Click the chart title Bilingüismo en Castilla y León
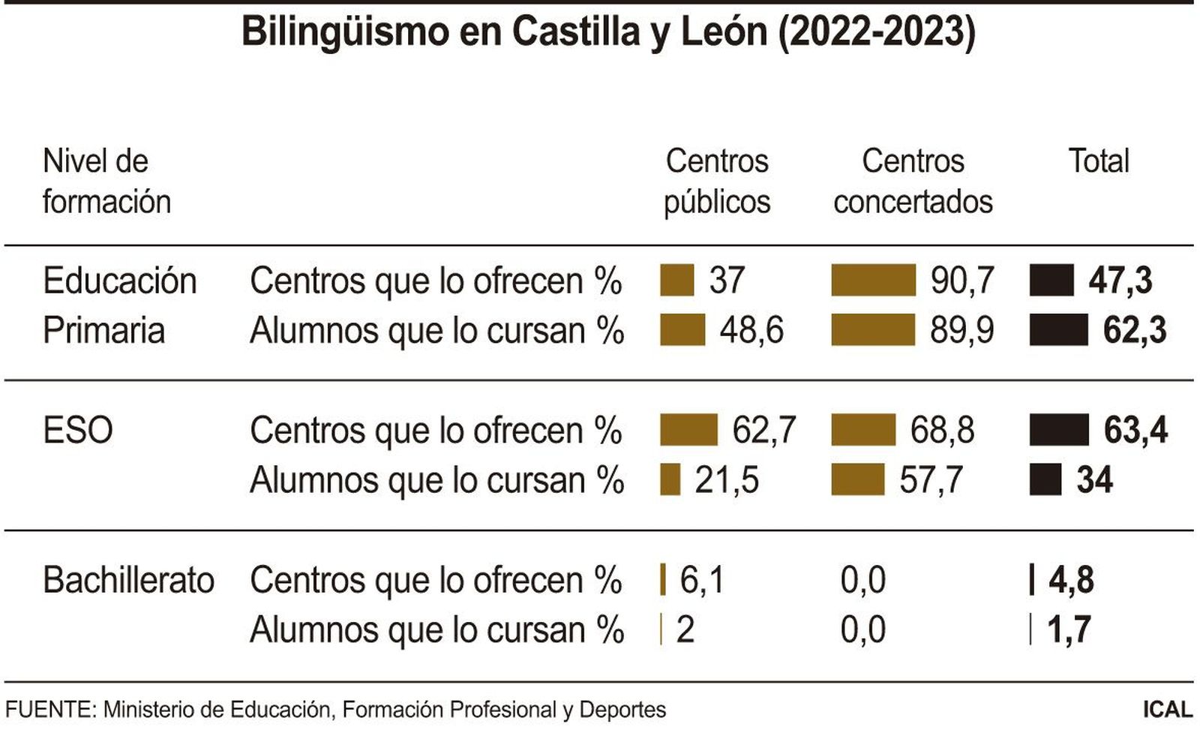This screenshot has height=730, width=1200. (x=607, y=32)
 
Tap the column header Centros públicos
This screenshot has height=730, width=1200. (x=717, y=181)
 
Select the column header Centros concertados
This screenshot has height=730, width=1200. (x=913, y=181)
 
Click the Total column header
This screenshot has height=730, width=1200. (x=1098, y=161)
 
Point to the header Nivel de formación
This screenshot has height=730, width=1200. (x=106, y=181)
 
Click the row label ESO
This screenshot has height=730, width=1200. (x=78, y=431)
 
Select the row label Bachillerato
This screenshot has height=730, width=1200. (x=128, y=581)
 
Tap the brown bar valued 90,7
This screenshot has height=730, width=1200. (x=873, y=281)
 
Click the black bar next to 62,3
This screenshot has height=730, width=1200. (x=1058, y=330)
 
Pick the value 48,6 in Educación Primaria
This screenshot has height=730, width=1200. (x=751, y=330)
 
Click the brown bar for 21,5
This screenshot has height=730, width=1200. (x=670, y=480)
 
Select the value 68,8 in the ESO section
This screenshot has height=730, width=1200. (x=942, y=431)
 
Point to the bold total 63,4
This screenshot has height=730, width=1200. (x=1135, y=431)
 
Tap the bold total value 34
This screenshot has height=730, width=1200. (x=1094, y=480)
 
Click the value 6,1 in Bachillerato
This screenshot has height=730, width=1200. (x=702, y=581)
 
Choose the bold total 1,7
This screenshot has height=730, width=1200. (x=1068, y=630)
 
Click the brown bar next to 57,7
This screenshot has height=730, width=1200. (x=858, y=480)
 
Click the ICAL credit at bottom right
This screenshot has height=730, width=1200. (x=1167, y=710)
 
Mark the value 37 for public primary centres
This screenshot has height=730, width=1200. (x=726, y=281)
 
